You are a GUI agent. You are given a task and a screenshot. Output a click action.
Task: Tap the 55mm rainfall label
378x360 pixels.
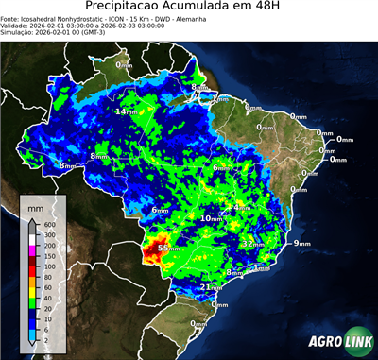(x=169, y=248)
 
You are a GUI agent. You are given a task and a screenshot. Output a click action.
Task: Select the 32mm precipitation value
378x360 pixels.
(x=251, y=243)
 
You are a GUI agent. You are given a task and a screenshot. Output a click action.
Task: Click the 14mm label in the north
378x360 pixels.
(x=124, y=112)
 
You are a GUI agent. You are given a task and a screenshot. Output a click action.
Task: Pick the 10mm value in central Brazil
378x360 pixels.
(x=211, y=218)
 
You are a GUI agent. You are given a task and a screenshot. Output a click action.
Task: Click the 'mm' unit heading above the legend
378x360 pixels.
(x=36, y=205)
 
